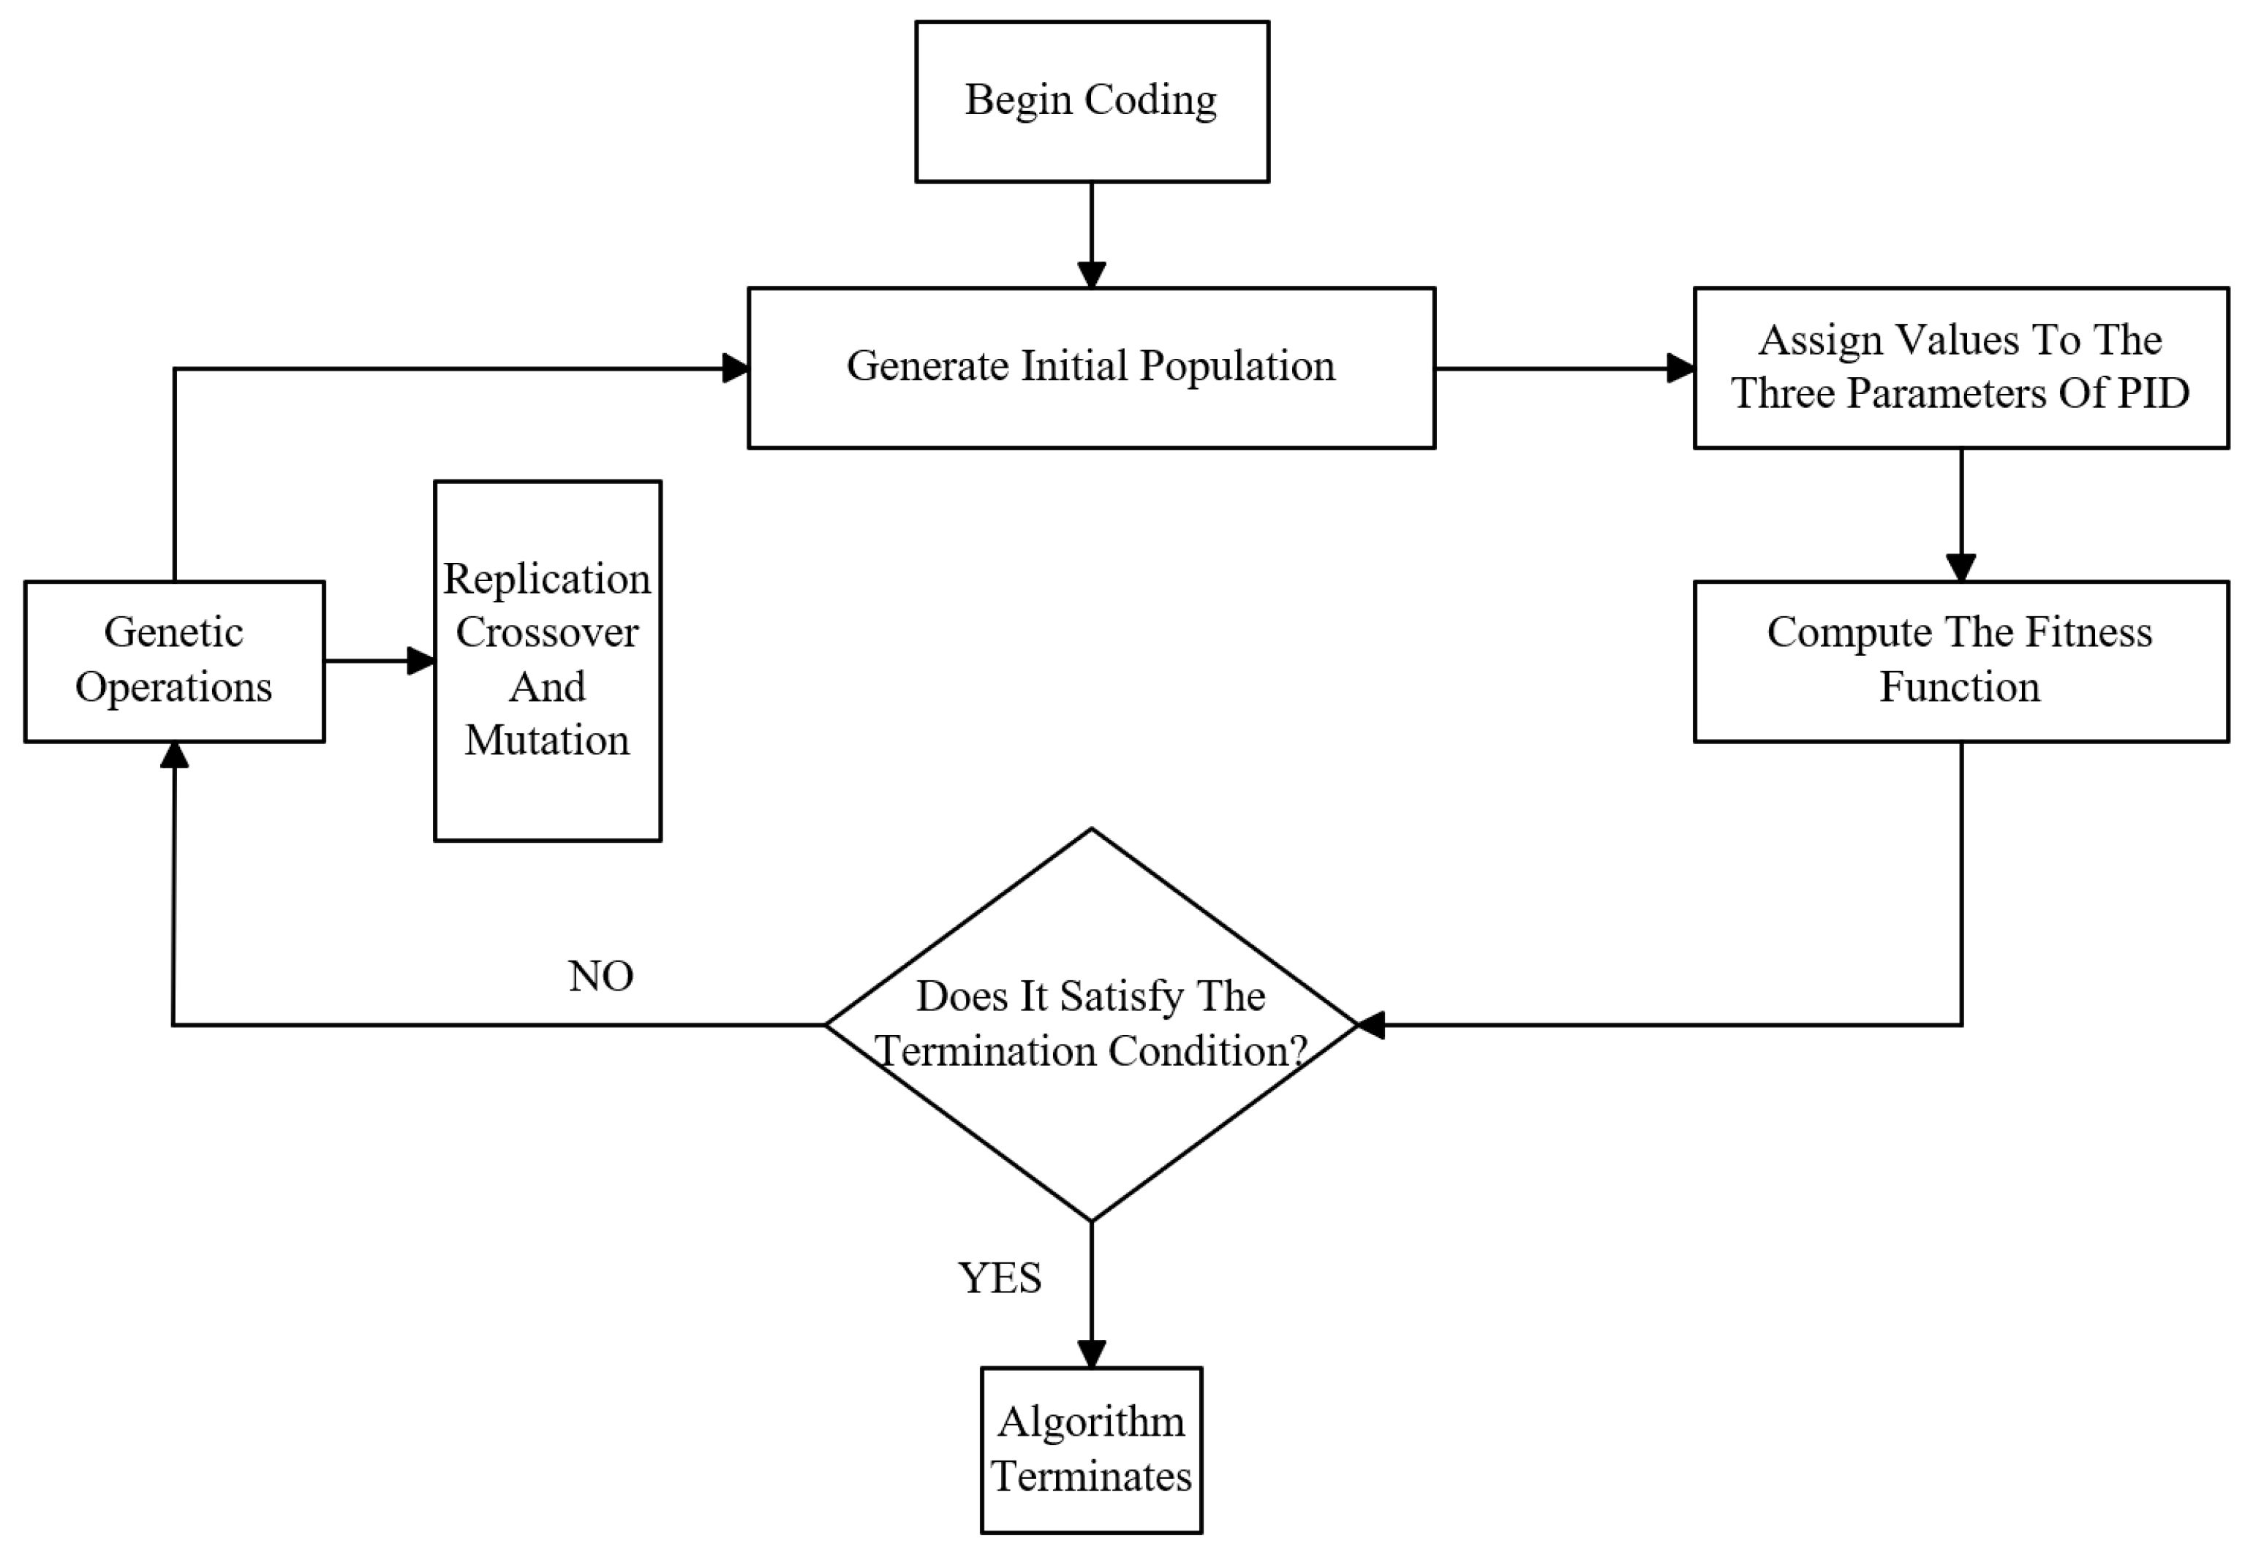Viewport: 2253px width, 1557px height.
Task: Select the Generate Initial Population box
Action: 1091,368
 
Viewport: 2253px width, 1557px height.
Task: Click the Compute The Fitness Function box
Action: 1960,661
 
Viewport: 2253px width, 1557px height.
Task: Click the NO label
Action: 601,977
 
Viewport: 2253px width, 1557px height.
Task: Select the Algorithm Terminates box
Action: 1091,1450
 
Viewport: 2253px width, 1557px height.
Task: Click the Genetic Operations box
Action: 174,661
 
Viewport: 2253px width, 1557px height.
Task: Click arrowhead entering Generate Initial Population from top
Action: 1091,274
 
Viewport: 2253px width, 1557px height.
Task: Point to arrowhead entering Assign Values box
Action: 1680,368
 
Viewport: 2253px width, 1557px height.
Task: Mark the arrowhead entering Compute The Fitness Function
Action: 1960,568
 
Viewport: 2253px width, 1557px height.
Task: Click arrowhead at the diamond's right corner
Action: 1372,1024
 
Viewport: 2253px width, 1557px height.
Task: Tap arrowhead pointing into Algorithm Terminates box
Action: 1091,1353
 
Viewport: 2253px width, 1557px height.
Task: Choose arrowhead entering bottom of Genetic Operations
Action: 174,755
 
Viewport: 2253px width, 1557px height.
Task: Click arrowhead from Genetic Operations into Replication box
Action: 420,661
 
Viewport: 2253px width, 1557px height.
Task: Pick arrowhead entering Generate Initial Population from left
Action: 735,368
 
